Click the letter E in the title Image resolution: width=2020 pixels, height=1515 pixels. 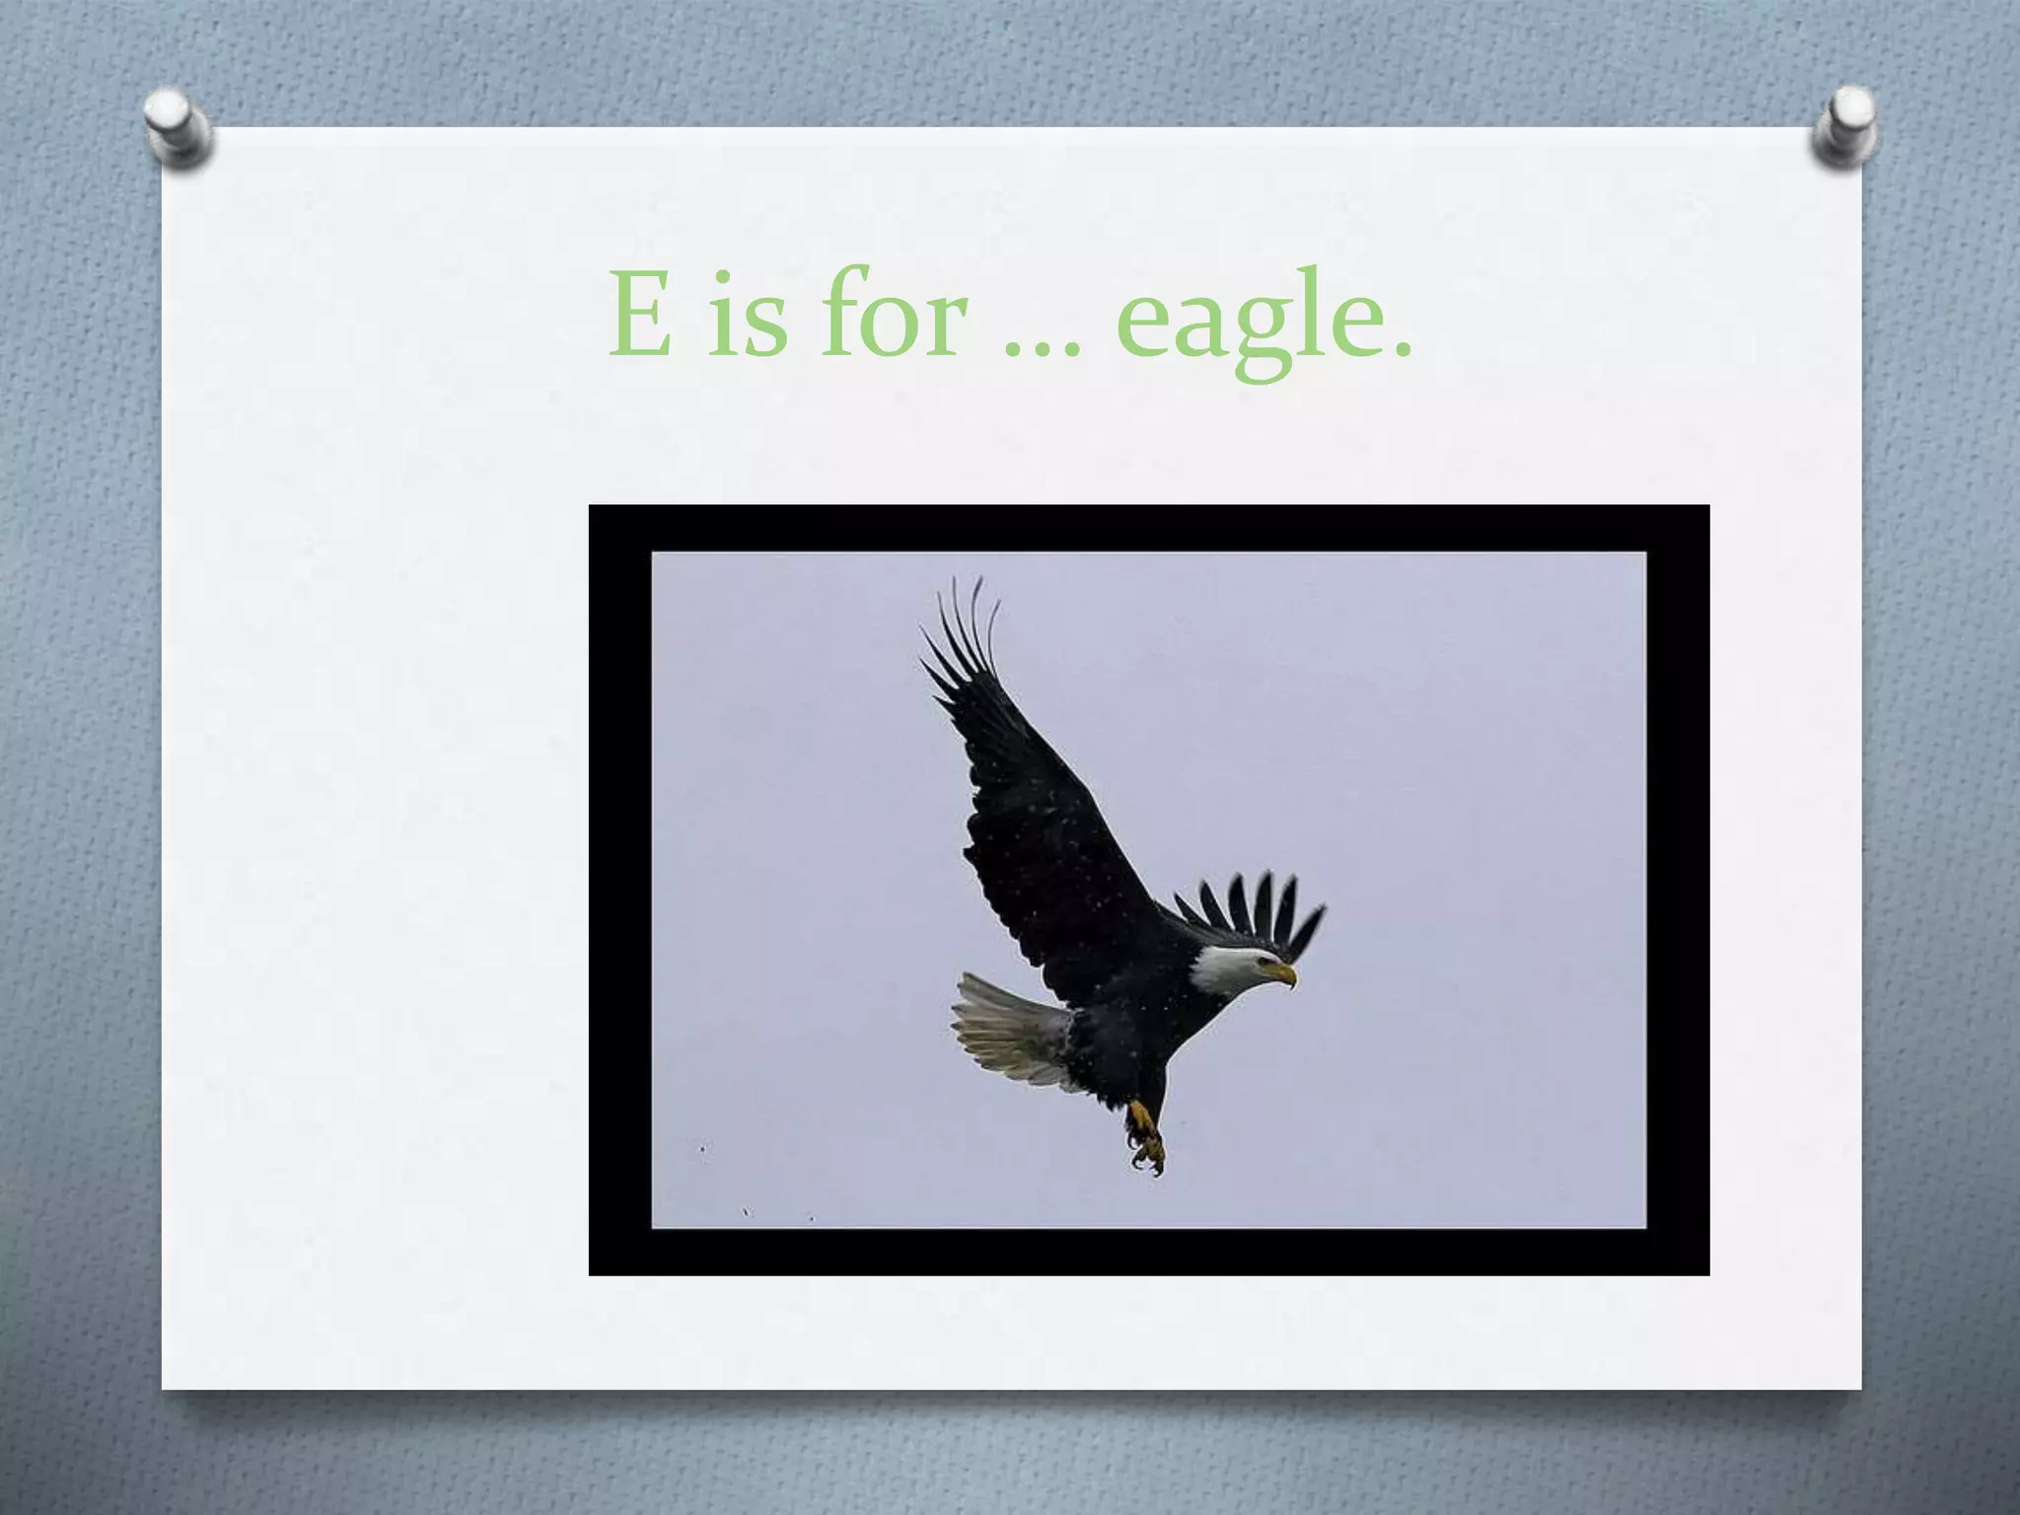(640, 314)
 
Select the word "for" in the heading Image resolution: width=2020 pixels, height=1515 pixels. (892, 314)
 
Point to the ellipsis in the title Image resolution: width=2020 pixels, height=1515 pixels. (1042, 350)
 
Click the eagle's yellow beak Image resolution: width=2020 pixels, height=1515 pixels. (1282, 974)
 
